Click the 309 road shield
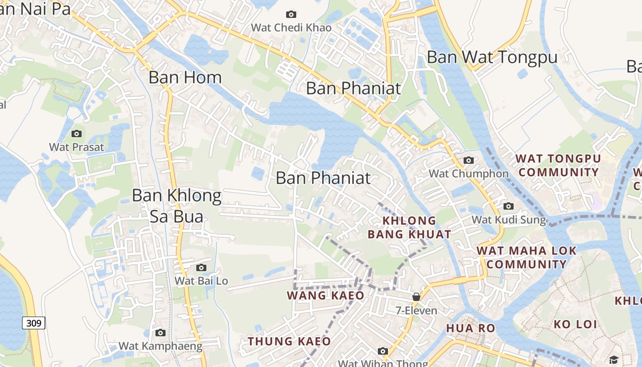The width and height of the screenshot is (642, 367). (x=33, y=323)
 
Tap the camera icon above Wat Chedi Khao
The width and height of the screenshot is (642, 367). (x=291, y=15)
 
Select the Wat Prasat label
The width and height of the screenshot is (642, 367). (x=77, y=147)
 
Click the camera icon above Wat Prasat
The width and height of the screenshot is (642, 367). (x=77, y=133)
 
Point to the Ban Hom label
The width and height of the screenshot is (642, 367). (x=185, y=77)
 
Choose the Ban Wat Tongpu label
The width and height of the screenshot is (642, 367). (x=492, y=57)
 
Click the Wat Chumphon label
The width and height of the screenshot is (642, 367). (x=468, y=173)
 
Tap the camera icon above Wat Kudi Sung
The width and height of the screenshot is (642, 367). (x=509, y=206)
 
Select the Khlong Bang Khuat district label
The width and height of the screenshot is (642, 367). (x=409, y=227)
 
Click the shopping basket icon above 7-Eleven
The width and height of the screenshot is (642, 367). (x=416, y=297)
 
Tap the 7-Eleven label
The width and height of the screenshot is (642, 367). (x=416, y=311)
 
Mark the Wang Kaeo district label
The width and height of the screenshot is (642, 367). (x=326, y=295)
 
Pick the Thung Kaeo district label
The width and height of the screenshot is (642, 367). (x=289, y=341)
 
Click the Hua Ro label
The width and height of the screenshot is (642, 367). (x=470, y=328)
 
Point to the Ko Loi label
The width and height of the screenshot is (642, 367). (x=575, y=324)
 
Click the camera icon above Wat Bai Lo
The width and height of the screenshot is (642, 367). (x=201, y=267)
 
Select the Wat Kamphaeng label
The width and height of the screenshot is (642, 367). (x=160, y=346)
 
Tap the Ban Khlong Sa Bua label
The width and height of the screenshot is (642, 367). (x=177, y=206)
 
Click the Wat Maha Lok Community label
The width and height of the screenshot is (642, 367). (x=526, y=257)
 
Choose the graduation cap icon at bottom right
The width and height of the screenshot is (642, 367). (x=614, y=359)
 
